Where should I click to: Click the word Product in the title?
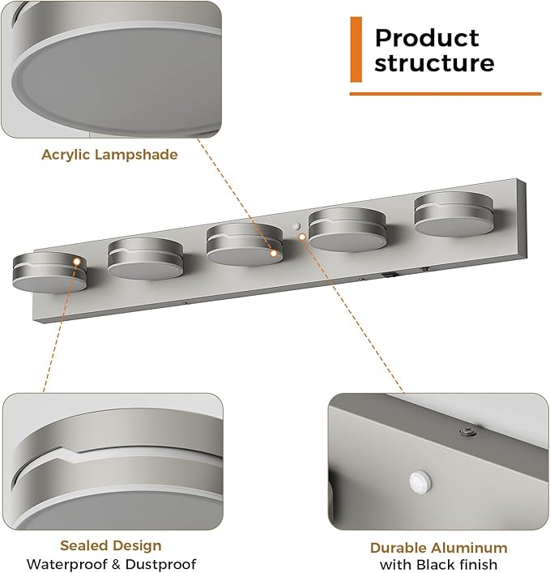click(x=427, y=38)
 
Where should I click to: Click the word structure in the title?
click(x=434, y=62)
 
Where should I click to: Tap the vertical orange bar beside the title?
click(x=356, y=49)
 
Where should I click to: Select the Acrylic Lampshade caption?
click(x=109, y=155)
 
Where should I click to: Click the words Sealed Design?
click(x=111, y=545)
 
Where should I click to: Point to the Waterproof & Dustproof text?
click(x=112, y=564)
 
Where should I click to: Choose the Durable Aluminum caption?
click(x=438, y=548)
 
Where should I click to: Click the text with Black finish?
click(x=438, y=565)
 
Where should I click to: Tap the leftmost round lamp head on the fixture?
click(x=49, y=272)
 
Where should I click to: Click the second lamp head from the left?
click(x=145, y=259)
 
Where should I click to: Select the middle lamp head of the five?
click(x=245, y=245)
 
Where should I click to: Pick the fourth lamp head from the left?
click(x=347, y=230)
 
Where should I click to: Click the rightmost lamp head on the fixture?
click(x=454, y=214)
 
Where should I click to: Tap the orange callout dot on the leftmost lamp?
click(x=77, y=261)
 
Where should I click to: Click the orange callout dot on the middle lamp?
click(x=273, y=253)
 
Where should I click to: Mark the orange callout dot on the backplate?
click(x=302, y=237)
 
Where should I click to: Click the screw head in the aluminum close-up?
click(x=468, y=431)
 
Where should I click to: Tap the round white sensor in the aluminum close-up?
click(x=420, y=481)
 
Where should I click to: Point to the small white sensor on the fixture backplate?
click(x=296, y=226)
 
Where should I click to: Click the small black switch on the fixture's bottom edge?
click(x=389, y=274)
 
